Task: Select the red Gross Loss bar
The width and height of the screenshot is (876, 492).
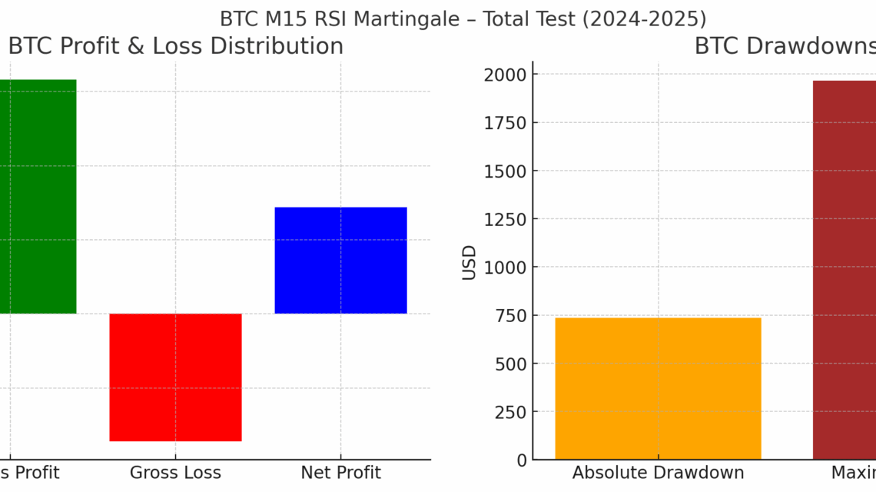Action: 175,377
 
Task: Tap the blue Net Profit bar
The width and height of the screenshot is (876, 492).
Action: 340,260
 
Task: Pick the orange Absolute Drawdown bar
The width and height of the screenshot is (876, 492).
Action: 658,388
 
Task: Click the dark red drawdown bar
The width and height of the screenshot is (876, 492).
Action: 844,269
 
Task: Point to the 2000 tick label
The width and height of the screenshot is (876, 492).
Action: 505,75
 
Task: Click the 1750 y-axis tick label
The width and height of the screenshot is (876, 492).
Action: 505,123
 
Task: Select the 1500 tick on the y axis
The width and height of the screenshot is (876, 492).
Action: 505,171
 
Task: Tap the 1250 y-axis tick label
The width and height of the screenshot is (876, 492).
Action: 505,219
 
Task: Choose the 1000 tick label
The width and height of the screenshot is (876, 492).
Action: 505,268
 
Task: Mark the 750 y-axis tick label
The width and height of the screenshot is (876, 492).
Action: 509,315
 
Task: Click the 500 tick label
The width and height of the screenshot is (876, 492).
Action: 509,364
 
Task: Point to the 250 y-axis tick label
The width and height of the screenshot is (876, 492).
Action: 509,412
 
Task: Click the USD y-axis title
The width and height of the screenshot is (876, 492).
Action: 470,262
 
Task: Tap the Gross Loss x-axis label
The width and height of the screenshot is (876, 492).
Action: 175,473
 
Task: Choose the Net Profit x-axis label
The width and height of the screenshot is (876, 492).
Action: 340,473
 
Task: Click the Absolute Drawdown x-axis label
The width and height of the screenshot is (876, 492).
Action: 658,473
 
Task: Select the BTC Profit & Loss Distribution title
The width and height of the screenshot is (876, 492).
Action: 175,46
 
